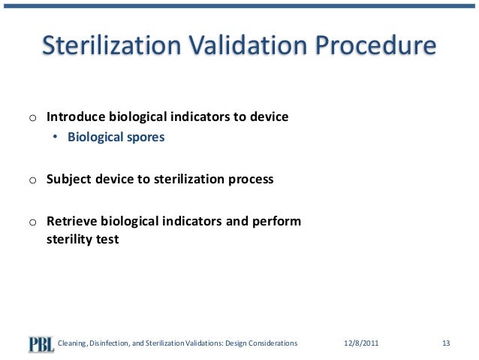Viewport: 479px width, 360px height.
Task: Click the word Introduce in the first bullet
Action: (76, 118)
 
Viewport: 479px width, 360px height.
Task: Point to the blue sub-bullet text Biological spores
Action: (116, 138)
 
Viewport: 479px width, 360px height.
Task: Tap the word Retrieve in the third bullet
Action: (71, 222)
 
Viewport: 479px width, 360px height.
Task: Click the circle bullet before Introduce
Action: (32, 119)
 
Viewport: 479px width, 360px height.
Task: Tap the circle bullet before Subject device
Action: (32, 181)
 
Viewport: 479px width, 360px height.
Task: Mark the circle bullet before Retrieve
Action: (32, 223)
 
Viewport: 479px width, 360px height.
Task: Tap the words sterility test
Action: (83, 241)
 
